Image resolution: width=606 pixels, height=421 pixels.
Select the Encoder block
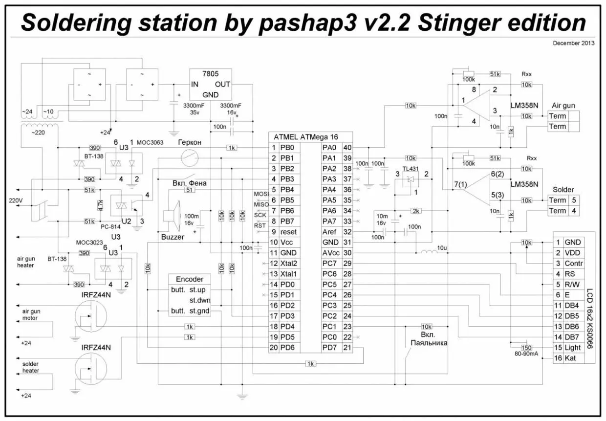click(x=190, y=295)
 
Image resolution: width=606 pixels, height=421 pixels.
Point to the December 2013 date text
click(x=573, y=43)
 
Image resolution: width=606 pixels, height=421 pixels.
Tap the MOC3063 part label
click(x=151, y=142)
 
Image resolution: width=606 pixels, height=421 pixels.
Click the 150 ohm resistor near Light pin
click(x=525, y=347)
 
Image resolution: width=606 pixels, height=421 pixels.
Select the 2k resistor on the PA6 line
click(x=415, y=211)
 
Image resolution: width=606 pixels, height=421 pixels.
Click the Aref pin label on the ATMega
click(x=329, y=232)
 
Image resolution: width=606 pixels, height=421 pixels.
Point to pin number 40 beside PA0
click(x=347, y=147)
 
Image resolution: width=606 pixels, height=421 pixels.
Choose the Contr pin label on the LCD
click(x=573, y=263)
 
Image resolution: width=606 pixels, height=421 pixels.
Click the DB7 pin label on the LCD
click(x=572, y=337)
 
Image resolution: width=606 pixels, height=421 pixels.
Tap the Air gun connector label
click(x=563, y=105)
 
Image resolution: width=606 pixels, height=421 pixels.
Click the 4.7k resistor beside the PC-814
click(x=100, y=204)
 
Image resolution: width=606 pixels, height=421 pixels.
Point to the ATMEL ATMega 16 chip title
click(x=306, y=137)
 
